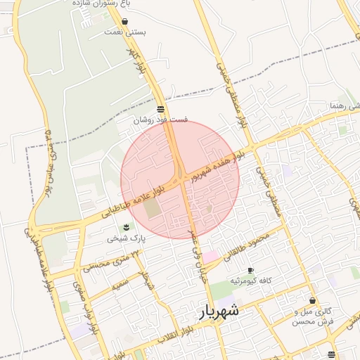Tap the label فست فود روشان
pos(161,120)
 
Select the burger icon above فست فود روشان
pos(161,109)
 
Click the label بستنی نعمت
pos(124,32)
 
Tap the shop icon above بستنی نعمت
pos(124,22)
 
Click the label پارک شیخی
pos(126,238)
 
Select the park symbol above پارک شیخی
pos(126,226)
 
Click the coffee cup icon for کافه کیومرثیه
pos(250,271)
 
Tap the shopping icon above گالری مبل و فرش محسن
pos(312,300)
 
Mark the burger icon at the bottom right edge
pos(331,354)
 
